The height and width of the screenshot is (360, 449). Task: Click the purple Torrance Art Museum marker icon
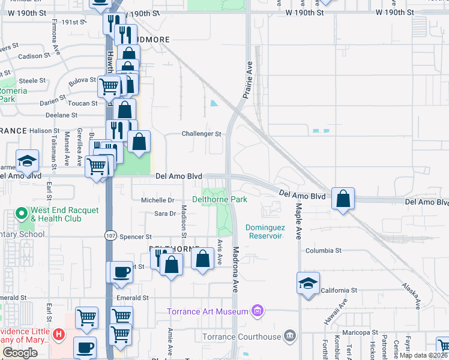tap(258, 311)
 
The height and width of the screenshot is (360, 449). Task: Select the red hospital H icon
tap(58, 334)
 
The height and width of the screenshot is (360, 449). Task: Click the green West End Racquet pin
tap(22, 213)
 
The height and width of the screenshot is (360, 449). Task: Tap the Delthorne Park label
tap(219, 199)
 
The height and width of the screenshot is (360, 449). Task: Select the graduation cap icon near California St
tap(308, 283)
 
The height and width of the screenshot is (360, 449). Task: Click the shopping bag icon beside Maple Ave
tap(342, 198)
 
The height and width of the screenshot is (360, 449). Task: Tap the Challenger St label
tap(202, 134)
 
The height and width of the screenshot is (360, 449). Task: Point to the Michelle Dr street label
tap(157, 200)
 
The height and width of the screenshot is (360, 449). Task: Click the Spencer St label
tap(136, 237)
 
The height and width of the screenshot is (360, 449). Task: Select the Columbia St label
tap(323, 250)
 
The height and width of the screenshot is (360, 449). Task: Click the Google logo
tap(20, 353)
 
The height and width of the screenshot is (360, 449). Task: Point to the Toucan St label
tap(82, 103)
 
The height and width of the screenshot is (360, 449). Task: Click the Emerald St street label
tap(133, 298)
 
